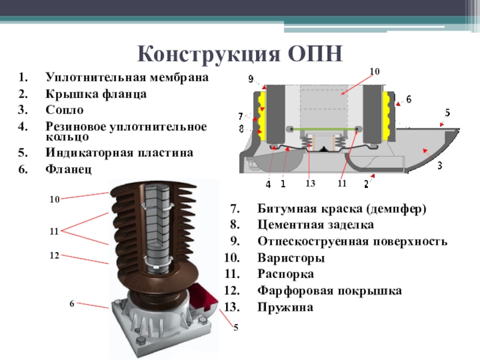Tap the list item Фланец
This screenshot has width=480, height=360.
point(68,169)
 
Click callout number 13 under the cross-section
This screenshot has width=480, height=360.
point(310,183)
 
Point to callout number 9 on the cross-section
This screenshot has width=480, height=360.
point(251,79)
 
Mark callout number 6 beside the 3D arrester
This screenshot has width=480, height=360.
point(71,304)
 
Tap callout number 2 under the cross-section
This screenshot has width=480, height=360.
point(365,183)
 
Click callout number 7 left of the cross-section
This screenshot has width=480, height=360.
point(241,116)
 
